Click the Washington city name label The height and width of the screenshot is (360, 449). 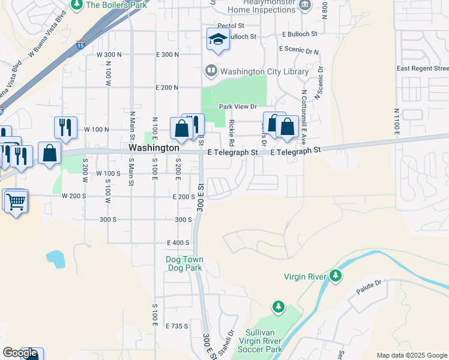click(154, 147)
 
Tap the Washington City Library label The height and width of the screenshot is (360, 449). click(264, 71)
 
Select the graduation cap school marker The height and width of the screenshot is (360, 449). click(218, 40)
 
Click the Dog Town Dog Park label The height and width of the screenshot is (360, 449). click(184, 263)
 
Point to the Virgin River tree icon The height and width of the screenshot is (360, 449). click(336, 276)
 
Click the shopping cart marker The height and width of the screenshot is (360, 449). click(16, 200)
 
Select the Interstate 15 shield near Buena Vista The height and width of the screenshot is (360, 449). click(80, 45)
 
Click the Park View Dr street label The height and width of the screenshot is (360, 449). click(238, 107)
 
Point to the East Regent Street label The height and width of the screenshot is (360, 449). click(422, 68)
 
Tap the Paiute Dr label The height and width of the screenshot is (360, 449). click(370, 283)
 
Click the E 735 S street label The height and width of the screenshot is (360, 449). click(177, 326)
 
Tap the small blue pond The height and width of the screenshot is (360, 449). click(55, 259)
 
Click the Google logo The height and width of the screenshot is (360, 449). click(20, 353)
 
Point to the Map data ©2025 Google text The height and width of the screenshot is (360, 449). click(412, 355)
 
